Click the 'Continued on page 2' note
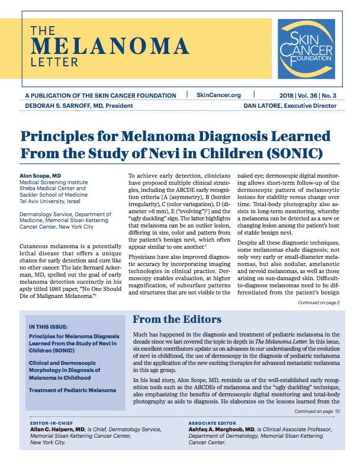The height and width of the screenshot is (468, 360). [x=318, y=303]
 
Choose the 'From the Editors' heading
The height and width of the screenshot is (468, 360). [x=176, y=320]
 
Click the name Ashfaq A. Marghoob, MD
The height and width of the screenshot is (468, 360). [x=221, y=431]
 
